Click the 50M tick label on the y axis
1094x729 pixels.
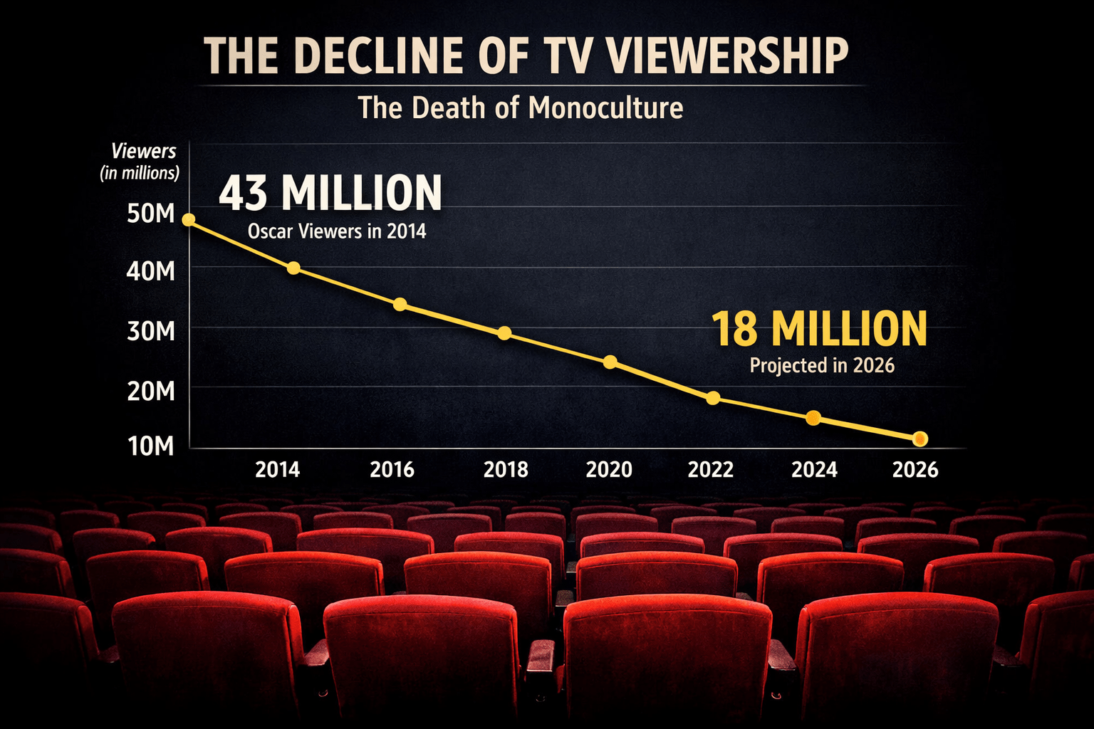tap(150, 213)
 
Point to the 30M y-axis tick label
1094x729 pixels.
tap(150, 331)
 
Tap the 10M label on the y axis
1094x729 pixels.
tap(150, 446)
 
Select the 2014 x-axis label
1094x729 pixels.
tap(277, 470)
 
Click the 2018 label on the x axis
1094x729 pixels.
tap(506, 470)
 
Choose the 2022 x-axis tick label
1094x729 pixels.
tap(710, 470)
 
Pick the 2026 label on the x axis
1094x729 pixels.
tap(915, 470)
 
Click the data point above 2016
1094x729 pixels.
tap(400, 305)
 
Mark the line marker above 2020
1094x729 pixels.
tap(610, 362)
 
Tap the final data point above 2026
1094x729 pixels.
tap(920, 439)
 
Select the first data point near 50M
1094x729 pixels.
tap(189, 220)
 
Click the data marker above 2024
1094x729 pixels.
tap(813, 418)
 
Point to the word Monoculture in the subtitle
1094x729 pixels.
tap(606, 108)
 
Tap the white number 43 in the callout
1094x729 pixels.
tap(243, 193)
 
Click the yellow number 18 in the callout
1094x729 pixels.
tap(734, 329)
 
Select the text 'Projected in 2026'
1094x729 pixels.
tap(822, 366)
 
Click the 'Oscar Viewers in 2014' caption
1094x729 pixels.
tap(336, 231)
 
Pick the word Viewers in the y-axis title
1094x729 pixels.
tap(143, 151)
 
